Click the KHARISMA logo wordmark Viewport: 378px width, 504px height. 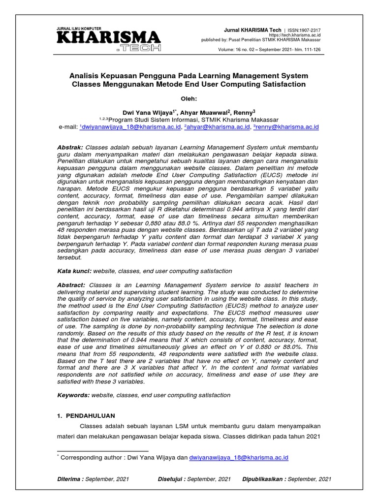coord(109,38)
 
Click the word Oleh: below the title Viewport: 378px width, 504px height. coord(189,97)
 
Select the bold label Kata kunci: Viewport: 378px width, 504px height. coord(74,271)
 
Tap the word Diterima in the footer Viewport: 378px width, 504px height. coord(69,479)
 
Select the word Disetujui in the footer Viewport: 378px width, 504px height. coord(171,479)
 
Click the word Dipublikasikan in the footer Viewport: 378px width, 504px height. coord(263,479)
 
